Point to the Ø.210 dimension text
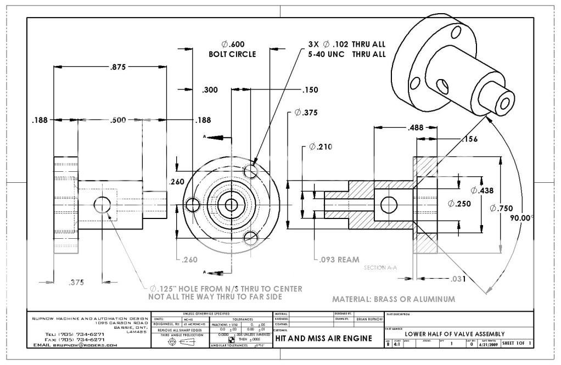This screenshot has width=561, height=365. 321,147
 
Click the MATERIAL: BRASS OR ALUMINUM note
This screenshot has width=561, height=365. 394,299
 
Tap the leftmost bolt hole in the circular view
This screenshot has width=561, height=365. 193,205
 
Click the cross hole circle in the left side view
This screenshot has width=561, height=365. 102,205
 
